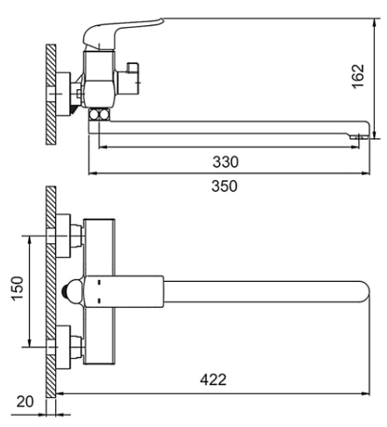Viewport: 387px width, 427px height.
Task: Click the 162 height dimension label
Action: (358, 76)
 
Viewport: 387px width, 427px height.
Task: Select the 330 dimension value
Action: (225, 162)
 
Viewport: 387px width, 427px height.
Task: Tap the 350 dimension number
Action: (224, 186)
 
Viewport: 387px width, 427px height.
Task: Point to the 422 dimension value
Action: (213, 380)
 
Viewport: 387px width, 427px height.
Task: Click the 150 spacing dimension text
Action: (18, 288)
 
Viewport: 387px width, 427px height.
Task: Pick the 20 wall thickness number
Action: (25, 402)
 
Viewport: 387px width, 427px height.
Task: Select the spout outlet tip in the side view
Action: (356, 136)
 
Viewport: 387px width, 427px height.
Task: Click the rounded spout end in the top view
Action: (363, 291)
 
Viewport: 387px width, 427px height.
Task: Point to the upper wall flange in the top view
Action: (63, 236)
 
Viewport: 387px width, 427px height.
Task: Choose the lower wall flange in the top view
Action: (63, 347)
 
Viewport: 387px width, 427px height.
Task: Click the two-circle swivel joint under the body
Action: (99, 114)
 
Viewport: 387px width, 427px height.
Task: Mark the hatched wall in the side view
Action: (51, 94)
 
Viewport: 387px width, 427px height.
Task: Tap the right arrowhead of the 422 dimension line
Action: (365, 394)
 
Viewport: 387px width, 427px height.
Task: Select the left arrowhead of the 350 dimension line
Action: (93, 173)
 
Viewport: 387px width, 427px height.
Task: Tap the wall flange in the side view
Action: (63, 94)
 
